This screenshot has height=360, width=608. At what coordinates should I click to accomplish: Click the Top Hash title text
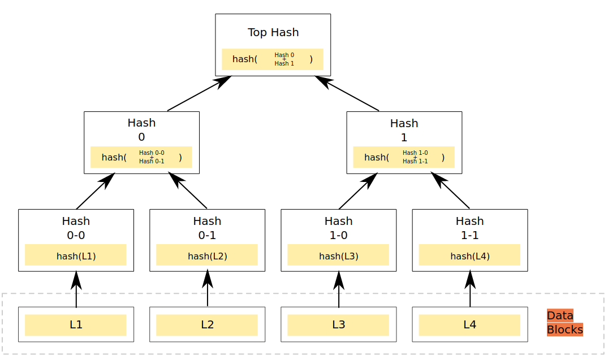[x=273, y=32]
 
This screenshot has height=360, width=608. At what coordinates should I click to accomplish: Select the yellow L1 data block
[x=76, y=325]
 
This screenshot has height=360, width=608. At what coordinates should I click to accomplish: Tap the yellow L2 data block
[x=207, y=325]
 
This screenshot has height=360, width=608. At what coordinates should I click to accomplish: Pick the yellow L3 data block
[x=338, y=325]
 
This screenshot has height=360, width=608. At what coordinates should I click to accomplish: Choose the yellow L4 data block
[x=469, y=325]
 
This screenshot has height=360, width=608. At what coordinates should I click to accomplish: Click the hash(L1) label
[x=76, y=256]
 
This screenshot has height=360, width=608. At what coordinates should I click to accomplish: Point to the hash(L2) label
[x=207, y=256]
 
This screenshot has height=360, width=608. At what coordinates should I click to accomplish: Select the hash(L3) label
[x=338, y=256]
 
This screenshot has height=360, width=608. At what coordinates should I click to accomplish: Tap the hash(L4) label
[x=469, y=256]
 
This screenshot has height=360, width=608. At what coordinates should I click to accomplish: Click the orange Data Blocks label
[x=564, y=323]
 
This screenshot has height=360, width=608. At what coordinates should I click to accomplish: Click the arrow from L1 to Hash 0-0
[x=76, y=289]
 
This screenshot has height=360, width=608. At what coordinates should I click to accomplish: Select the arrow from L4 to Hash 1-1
[x=470, y=289]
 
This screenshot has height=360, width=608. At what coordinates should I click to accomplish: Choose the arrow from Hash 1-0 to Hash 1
[x=357, y=191]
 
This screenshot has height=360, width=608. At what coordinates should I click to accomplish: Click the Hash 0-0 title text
[x=76, y=228]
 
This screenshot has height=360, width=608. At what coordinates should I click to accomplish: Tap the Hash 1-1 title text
[x=469, y=228]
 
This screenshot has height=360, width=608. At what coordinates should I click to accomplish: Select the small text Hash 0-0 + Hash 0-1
[x=152, y=157]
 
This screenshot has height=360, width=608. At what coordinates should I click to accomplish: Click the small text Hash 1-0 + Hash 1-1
[x=415, y=157]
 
